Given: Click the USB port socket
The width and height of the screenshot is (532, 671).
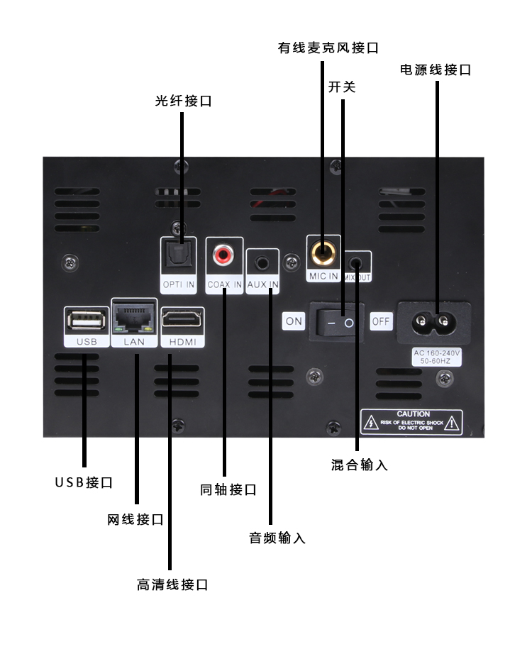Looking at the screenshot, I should (x=85, y=321).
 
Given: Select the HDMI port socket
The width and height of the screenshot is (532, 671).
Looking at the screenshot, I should (x=182, y=321).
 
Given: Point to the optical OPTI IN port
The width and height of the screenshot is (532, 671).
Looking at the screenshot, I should (x=178, y=255).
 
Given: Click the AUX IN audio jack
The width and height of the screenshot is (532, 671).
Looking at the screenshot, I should (x=263, y=262).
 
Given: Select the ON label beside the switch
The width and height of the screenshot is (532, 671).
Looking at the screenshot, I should (x=294, y=321).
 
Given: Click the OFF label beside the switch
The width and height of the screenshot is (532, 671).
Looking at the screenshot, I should (x=381, y=321).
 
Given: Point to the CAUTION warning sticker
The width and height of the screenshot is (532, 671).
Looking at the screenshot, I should (x=411, y=422).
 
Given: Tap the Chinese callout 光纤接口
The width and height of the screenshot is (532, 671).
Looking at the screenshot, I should (x=183, y=101).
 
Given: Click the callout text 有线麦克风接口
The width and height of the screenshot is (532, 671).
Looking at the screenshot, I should (x=328, y=48).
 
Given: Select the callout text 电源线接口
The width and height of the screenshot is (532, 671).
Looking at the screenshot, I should (x=436, y=70).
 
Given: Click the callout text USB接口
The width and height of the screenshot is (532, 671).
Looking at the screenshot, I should (x=84, y=482).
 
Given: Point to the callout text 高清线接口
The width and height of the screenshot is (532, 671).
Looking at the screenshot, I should (x=172, y=585).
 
